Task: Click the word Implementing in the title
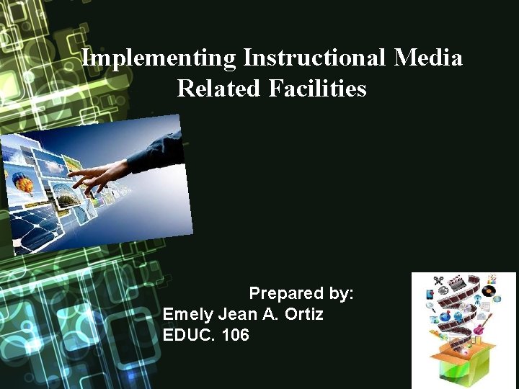pyautogui.click(x=159, y=57)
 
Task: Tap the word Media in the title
pyautogui.click(x=428, y=57)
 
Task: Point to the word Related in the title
pyautogui.click(x=219, y=89)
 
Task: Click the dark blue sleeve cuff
pyautogui.click(x=155, y=151)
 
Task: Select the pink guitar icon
pyautogui.click(x=479, y=328)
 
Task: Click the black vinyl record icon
pyautogui.click(x=489, y=292)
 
